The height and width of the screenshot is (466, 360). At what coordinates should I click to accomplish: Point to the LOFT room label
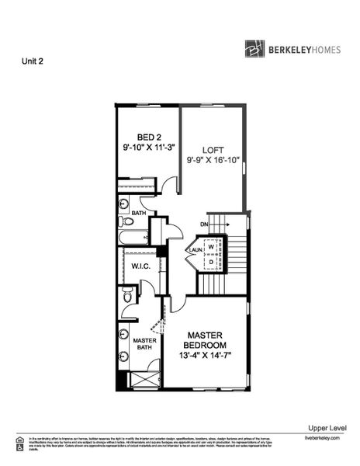[213, 150]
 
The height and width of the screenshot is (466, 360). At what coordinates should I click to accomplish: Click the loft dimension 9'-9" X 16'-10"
[213, 161]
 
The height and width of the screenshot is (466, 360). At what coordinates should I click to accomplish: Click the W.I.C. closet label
[140, 266]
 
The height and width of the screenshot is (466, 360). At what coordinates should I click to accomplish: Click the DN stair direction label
[205, 224]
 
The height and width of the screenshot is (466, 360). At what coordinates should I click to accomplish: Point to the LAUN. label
[195, 250]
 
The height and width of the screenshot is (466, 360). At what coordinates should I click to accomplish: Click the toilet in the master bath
[126, 294]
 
